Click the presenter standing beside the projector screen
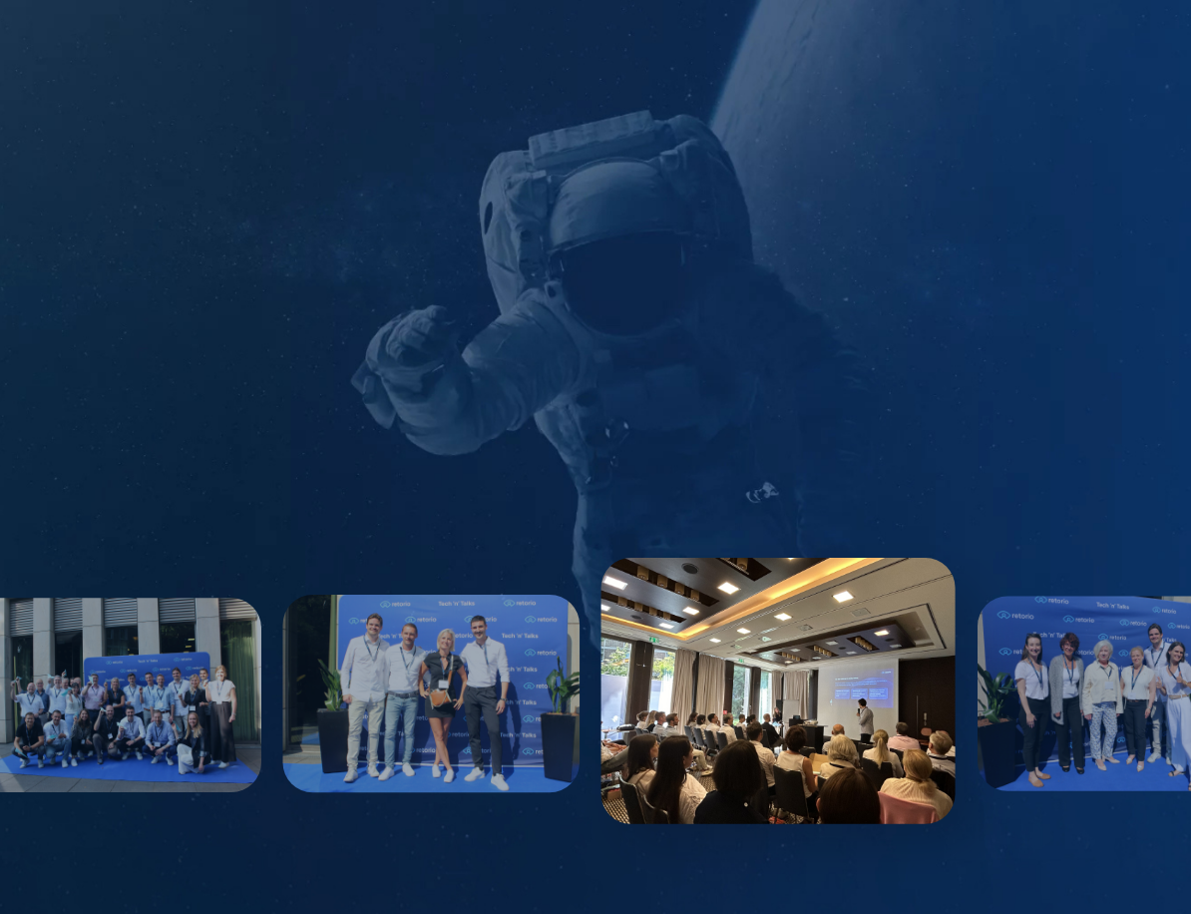[x=865, y=719]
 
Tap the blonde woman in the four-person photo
[x=442, y=698]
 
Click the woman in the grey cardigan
[x=1066, y=698]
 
